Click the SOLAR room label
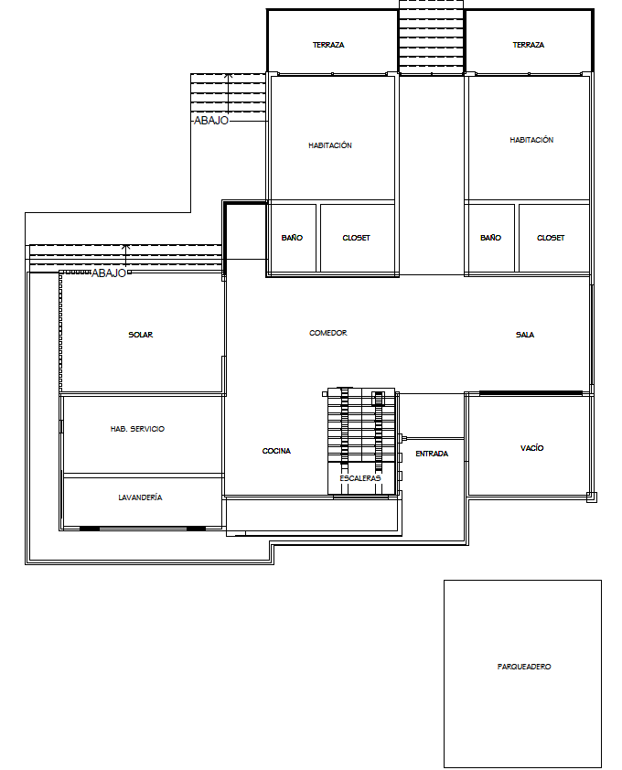(141, 335)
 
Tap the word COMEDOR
(328, 333)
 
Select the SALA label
(525, 335)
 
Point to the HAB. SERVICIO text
(138, 429)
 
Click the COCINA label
(277, 451)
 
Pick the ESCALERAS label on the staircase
(360, 478)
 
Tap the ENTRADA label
(432, 454)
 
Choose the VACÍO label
(532, 448)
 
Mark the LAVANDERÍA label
(140, 497)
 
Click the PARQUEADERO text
(524, 667)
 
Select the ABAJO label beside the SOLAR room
(109, 273)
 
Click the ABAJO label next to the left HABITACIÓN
(211, 121)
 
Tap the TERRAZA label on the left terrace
(328, 45)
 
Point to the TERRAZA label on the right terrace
(529, 45)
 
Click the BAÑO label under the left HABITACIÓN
(292, 238)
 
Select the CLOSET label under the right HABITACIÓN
(551, 238)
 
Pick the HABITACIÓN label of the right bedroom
(531, 140)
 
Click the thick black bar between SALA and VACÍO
(531, 392)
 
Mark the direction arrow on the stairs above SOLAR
(126, 257)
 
